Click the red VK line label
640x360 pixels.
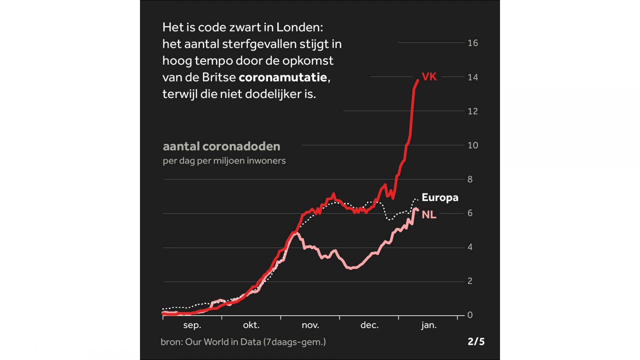[x=429, y=77]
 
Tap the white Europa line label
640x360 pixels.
[x=440, y=198]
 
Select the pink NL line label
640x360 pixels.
[x=429, y=215]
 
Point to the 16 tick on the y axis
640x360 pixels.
[x=472, y=43]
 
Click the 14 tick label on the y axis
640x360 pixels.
[x=472, y=77]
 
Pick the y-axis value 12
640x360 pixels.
[x=472, y=111]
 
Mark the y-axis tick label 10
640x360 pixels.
[x=472, y=145]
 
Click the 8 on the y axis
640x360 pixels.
[x=470, y=179]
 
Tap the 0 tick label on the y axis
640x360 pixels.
[x=470, y=315]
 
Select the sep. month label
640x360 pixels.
[x=192, y=325]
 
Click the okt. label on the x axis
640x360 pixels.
[x=251, y=325]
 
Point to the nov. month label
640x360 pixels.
[x=310, y=325]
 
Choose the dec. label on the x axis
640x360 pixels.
[x=369, y=325]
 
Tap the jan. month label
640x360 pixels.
[x=428, y=325]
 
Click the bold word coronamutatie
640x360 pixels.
[x=283, y=77]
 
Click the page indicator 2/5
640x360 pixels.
[x=476, y=342]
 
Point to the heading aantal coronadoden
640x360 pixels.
[x=221, y=146]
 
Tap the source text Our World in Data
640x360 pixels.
[x=223, y=342]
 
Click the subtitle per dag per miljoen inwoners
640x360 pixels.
[x=224, y=161]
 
